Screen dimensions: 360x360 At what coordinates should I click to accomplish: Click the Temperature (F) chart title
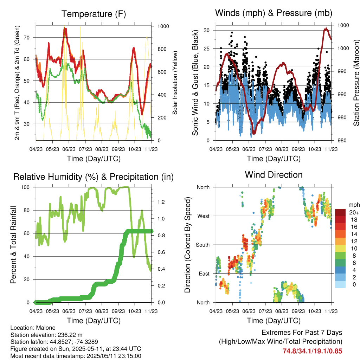pos(94,14)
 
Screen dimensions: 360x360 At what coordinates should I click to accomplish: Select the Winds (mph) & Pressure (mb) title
pos(274,13)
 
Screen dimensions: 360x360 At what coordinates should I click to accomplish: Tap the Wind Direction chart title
pos(274,175)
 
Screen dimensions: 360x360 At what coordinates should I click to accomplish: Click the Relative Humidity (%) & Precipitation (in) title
pos(94,177)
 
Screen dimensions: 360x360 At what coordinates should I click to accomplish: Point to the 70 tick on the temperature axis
pos(27,38)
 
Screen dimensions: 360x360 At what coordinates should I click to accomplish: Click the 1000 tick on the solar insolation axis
pos(163,26)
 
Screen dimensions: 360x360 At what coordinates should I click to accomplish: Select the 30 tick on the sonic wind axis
pos(207,30)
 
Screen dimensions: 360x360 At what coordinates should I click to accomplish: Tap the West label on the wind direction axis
pos(204,216)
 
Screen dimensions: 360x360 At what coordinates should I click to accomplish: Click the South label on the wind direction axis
pos(203,245)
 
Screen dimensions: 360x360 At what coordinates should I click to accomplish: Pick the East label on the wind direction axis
pos(204,274)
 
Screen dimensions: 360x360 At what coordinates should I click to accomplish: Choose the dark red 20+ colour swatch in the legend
pos(340,212)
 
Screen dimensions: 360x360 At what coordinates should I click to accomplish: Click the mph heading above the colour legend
pos(354,205)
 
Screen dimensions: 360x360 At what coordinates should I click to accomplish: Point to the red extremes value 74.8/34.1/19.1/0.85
pos(312,351)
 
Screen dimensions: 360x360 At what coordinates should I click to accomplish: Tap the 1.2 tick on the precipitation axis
pos(161,202)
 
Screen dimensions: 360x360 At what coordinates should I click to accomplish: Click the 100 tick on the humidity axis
pos(25,187)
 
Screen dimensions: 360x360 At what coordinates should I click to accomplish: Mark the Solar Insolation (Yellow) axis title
pos(175,83)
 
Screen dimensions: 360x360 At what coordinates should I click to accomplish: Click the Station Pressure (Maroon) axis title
pos(356,83)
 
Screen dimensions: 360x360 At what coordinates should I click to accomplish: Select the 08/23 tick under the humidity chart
pos(102,311)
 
